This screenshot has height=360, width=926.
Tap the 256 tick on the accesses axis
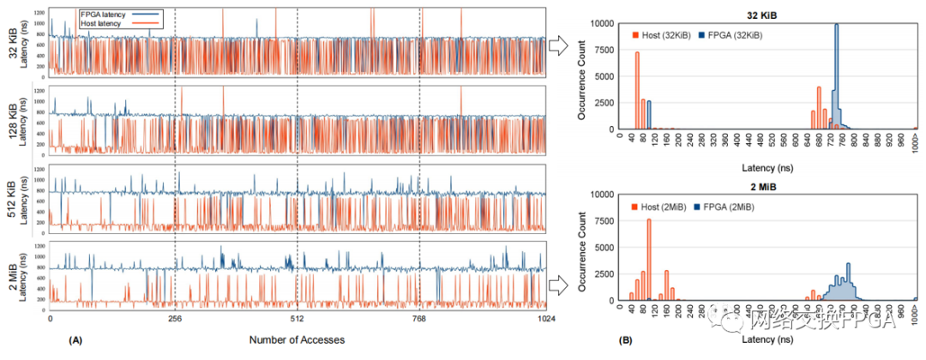(174, 318)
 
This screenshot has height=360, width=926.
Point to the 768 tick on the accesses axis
(420, 318)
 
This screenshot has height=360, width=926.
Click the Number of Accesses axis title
(297, 340)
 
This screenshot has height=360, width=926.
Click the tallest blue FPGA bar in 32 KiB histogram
(836, 77)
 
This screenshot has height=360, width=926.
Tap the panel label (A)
(75, 340)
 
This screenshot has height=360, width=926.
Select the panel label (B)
(627, 340)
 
